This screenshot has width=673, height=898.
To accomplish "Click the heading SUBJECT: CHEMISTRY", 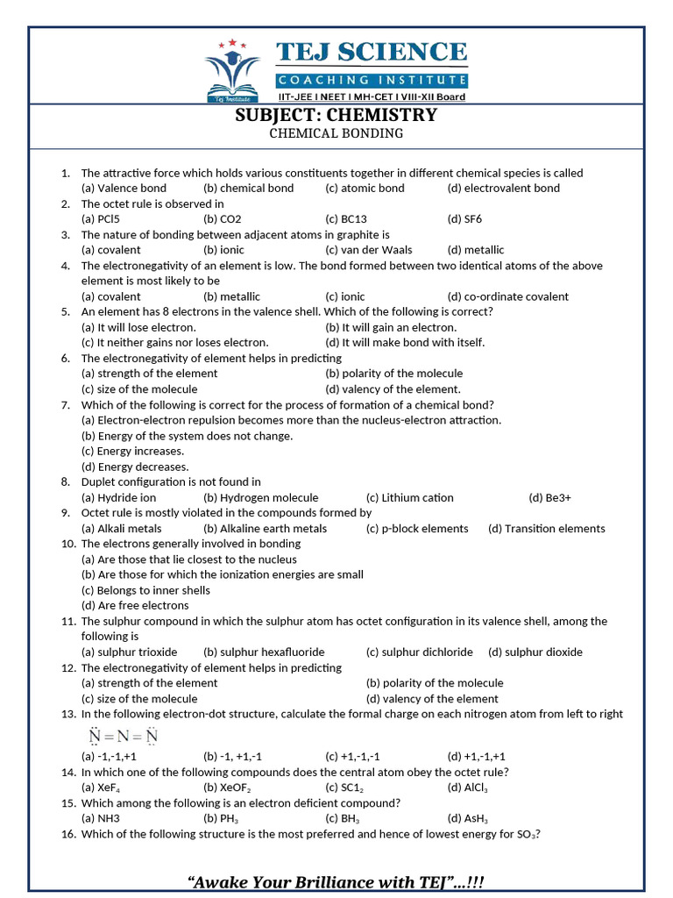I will (x=336, y=116).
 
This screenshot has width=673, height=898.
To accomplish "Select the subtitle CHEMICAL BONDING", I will (x=336, y=134).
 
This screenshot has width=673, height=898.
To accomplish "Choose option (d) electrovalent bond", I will (x=503, y=189).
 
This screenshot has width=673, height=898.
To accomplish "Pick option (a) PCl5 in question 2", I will (x=100, y=219).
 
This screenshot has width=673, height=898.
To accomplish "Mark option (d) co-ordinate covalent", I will (x=507, y=296).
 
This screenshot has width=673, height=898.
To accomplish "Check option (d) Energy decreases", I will (x=135, y=467).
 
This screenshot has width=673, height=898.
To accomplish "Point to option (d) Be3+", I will (x=549, y=497).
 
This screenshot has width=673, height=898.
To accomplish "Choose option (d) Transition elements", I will (x=546, y=529).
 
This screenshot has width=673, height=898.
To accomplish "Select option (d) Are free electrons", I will (x=135, y=605).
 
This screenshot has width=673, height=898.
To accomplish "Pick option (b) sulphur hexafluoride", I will (x=264, y=652).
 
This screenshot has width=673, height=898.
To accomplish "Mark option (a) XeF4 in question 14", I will (x=101, y=788).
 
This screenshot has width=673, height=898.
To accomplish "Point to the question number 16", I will (x=67, y=834).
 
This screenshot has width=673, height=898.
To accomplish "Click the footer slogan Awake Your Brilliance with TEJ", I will (x=336, y=880).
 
